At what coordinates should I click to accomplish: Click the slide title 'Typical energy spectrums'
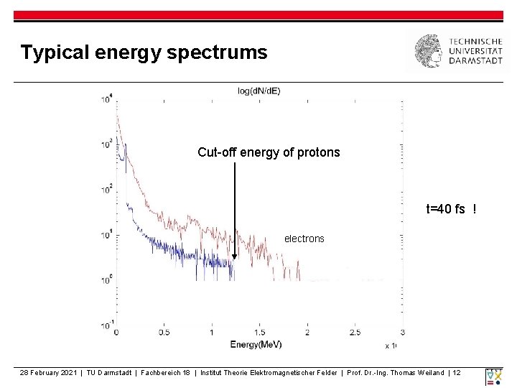(x=144, y=52)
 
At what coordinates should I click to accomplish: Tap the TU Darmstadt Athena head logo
(x=429, y=52)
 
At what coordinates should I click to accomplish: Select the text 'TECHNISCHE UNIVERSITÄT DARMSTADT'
(x=475, y=52)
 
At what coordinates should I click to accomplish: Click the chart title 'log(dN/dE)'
(x=259, y=91)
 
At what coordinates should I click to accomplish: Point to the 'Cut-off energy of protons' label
(x=269, y=152)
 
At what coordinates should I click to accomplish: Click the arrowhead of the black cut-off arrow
(x=234, y=255)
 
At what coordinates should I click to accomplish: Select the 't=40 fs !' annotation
(x=451, y=210)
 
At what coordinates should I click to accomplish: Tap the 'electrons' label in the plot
(x=304, y=239)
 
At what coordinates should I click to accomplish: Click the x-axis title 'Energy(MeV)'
(x=256, y=344)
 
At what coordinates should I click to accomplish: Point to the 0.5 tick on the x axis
(x=164, y=333)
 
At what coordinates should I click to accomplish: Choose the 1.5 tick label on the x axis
(x=259, y=333)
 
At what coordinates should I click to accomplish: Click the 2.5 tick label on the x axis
(x=355, y=333)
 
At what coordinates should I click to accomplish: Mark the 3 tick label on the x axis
(x=402, y=333)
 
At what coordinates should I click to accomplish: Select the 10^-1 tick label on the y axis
(x=106, y=325)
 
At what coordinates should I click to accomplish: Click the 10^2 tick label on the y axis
(x=107, y=190)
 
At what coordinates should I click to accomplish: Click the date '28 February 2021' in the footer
(x=49, y=372)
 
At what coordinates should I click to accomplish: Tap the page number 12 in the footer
(x=457, y=372)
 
